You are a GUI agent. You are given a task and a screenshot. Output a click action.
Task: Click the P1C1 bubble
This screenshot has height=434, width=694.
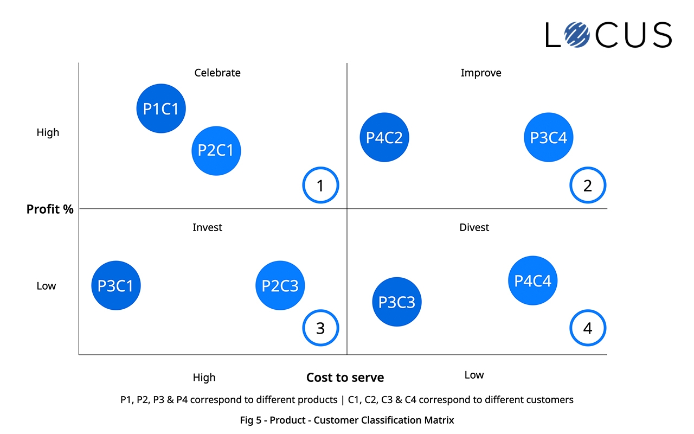pyautogui.click(x=161, y=108)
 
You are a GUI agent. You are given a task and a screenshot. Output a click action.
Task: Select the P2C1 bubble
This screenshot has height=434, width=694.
pyautogui.click(x=216, y=150)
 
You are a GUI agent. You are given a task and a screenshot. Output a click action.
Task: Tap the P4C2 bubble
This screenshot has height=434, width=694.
pyautogui.click(x=384, y=137)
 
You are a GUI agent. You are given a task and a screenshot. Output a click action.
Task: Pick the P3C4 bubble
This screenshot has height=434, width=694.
pyautogui.click(x=549, y=137)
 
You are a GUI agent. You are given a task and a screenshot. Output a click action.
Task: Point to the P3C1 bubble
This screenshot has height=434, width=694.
pyautogui.click(x=116, y=285)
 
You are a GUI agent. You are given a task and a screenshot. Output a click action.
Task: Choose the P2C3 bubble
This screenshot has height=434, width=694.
pyautogui.click(x=280, y=285)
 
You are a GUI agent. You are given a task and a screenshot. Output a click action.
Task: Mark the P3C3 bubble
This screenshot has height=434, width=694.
pyautogui.click(x=397, y=302)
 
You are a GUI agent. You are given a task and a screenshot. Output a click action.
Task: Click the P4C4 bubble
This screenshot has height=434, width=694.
pyautogui.click(x=533, y=280)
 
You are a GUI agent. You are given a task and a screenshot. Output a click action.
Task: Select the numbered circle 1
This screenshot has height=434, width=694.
pyautogui.click(x=320, y=186)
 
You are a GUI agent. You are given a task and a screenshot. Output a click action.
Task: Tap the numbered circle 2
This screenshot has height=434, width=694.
pyautogui.click(x=588, y=186)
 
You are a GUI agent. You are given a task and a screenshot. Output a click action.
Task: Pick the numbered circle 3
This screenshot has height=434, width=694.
pyautogui.click(x=320, y=328)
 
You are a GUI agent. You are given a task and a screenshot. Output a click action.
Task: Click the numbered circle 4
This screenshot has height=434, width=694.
pyautogui.click(x=588, y=328)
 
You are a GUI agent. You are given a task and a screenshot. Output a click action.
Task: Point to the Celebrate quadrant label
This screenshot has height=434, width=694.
pyautogui.click(x=217, y=73)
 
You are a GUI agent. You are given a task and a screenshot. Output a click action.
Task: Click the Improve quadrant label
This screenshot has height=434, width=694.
pyautogui.click(x=481, y=73)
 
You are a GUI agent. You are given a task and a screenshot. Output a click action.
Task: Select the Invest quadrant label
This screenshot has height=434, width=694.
pyautogui.click(x=208, y=227)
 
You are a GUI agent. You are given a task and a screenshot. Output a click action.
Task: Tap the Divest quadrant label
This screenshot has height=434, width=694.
pyautogui.click(x=474, y=227)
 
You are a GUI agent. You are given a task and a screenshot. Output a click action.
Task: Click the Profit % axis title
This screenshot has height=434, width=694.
pyautogui.click(x=50, y=209)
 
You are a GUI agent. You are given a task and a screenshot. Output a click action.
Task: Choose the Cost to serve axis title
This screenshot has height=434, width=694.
pyautogui.click(x=345, y=378)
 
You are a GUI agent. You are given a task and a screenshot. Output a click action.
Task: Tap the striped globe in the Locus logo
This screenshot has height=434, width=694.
pyautogui.click(x=577, y=35)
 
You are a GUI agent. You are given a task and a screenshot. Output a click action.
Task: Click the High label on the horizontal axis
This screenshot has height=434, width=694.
pyautogui.click(x=204, y=377)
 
